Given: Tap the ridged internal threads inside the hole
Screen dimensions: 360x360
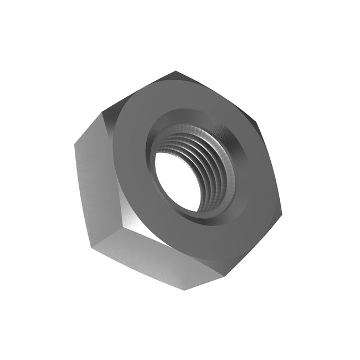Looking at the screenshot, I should (x=213, y=166).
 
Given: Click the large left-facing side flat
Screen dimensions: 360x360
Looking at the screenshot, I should (x=100, y=183).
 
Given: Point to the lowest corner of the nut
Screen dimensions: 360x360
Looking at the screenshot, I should (x=185, y=290).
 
